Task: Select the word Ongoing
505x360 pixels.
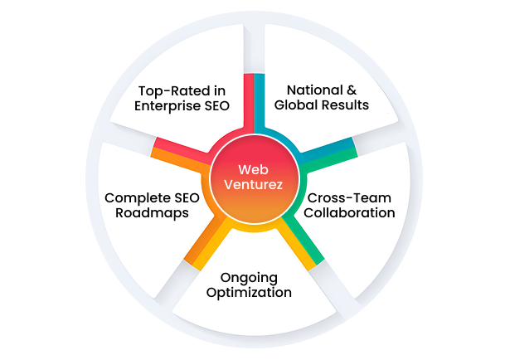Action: tap(249, 276)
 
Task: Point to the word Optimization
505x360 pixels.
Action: tap(249, 293)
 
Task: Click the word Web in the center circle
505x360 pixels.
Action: tap(252, 169)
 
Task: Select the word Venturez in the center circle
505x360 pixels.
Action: tap(252, 186)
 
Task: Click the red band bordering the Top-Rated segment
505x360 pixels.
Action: tap(248, 100)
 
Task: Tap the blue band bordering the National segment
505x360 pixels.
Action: tap(259, 100)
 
